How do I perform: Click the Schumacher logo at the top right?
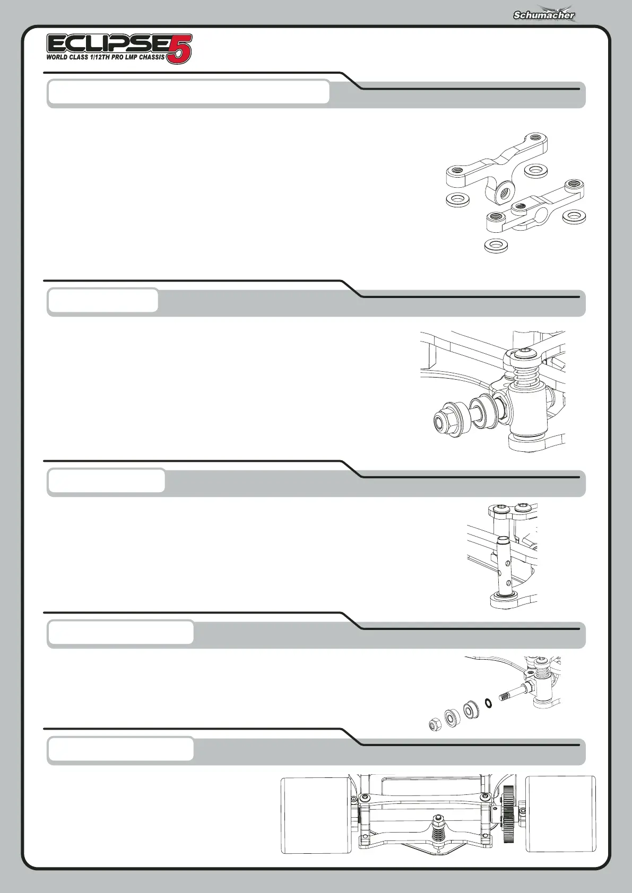(x=543, y=15)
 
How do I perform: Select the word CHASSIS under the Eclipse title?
(x=152, y=57)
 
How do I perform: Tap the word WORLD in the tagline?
(x=57, y=57)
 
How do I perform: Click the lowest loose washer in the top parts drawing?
(x=496, y=246)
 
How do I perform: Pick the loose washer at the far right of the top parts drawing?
(x=574, y=216)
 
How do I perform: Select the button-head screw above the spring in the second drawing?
(x=524, y=354)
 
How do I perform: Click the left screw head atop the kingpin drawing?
(x=499, y=509)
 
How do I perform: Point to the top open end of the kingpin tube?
(x=503, y=540)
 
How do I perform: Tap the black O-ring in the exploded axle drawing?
(x=488, y=703)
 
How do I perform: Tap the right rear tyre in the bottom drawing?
(x=561, y=815)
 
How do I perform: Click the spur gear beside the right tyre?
(x=508, y=815)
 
